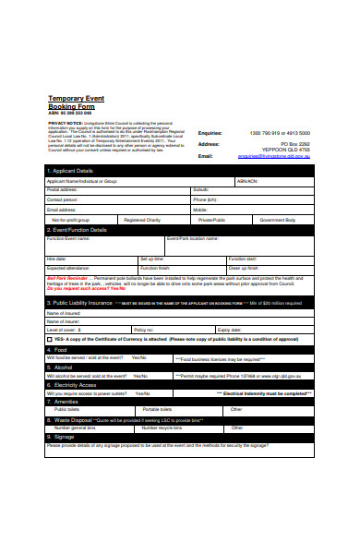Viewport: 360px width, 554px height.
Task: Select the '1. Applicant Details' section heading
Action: (x=71, y=171)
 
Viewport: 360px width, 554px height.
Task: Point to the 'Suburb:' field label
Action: (x=201, y=190)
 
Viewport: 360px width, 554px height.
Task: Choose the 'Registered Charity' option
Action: (x=142, y=221)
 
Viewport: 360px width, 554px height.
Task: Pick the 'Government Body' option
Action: (x=277, y=221)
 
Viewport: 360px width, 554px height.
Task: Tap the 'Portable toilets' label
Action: (x=158, y=409)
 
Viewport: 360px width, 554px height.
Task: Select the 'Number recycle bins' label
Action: (x=162, y=428)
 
